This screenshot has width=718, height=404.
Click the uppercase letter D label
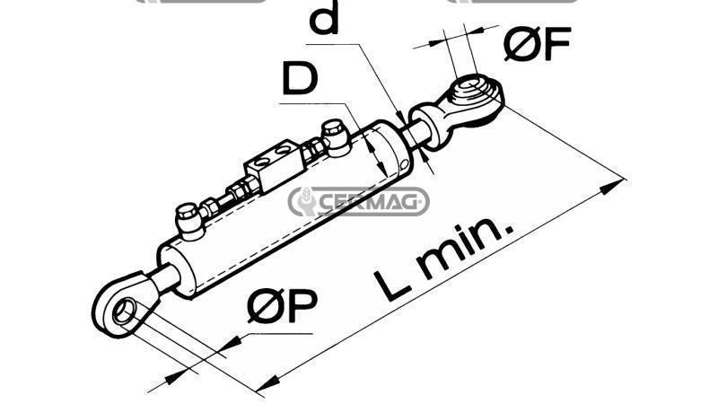(x=301, y=78)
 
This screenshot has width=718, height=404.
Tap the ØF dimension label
(x=537, y=43)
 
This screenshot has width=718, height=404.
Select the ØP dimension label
(x=282, y=305)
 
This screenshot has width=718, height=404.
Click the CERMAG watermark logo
(x=358, y=201)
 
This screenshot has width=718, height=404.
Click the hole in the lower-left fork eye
(x=125, y=311)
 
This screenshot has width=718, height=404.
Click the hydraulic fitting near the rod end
(x=336, y=136)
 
